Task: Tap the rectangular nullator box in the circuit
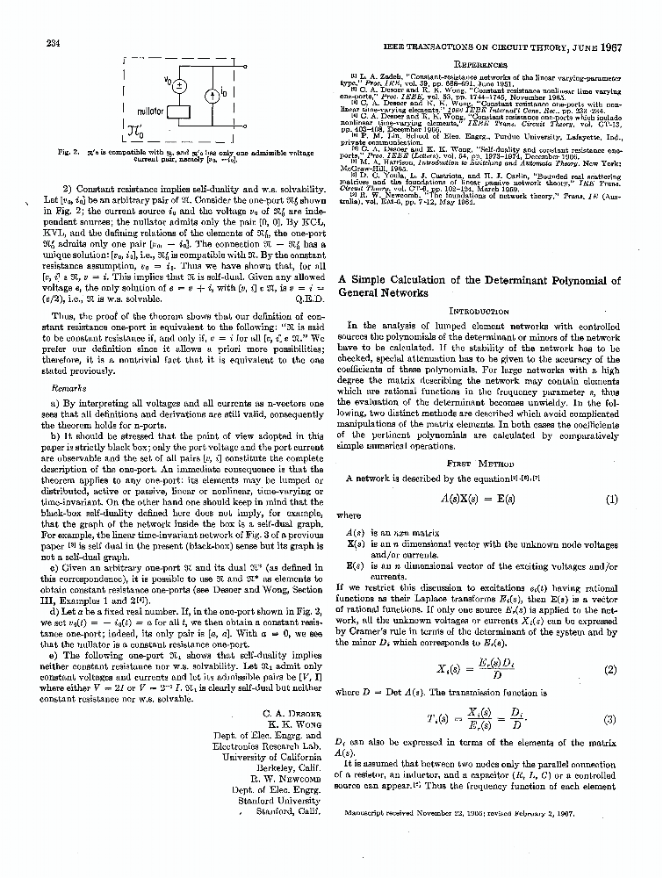click(181, 113)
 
